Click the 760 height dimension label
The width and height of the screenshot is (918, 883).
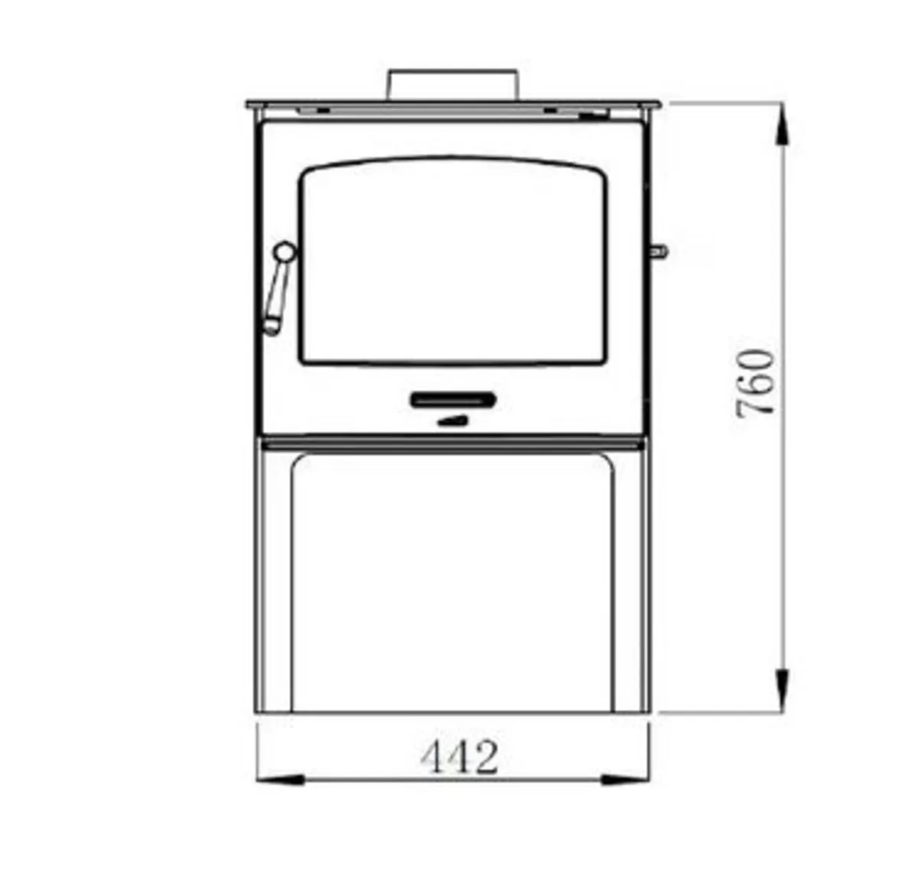[x=756, y=382]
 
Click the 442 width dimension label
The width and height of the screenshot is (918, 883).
[x=459, y=757]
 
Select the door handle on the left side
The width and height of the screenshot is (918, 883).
[x=278, y=291]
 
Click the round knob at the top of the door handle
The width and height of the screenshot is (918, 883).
[x=285, y=251]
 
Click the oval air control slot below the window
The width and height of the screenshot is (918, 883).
[x=453, y=399]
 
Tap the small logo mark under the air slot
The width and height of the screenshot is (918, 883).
[x=451, y=420]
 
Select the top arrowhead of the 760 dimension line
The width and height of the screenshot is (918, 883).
[x=781, y=126]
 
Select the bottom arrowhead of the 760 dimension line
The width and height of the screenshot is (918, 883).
[x=781, y=688]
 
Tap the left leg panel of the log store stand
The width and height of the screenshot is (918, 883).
[x=273, y=581]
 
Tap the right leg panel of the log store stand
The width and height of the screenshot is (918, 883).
[x=632, y=581]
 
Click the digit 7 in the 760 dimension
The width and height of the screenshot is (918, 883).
[x=756, y=404]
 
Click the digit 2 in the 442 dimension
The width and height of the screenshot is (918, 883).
[x=484, y=757]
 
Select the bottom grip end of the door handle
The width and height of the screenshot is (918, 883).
[x=272, y=327]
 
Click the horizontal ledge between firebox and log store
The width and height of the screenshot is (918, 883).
[x=451, y=443]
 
